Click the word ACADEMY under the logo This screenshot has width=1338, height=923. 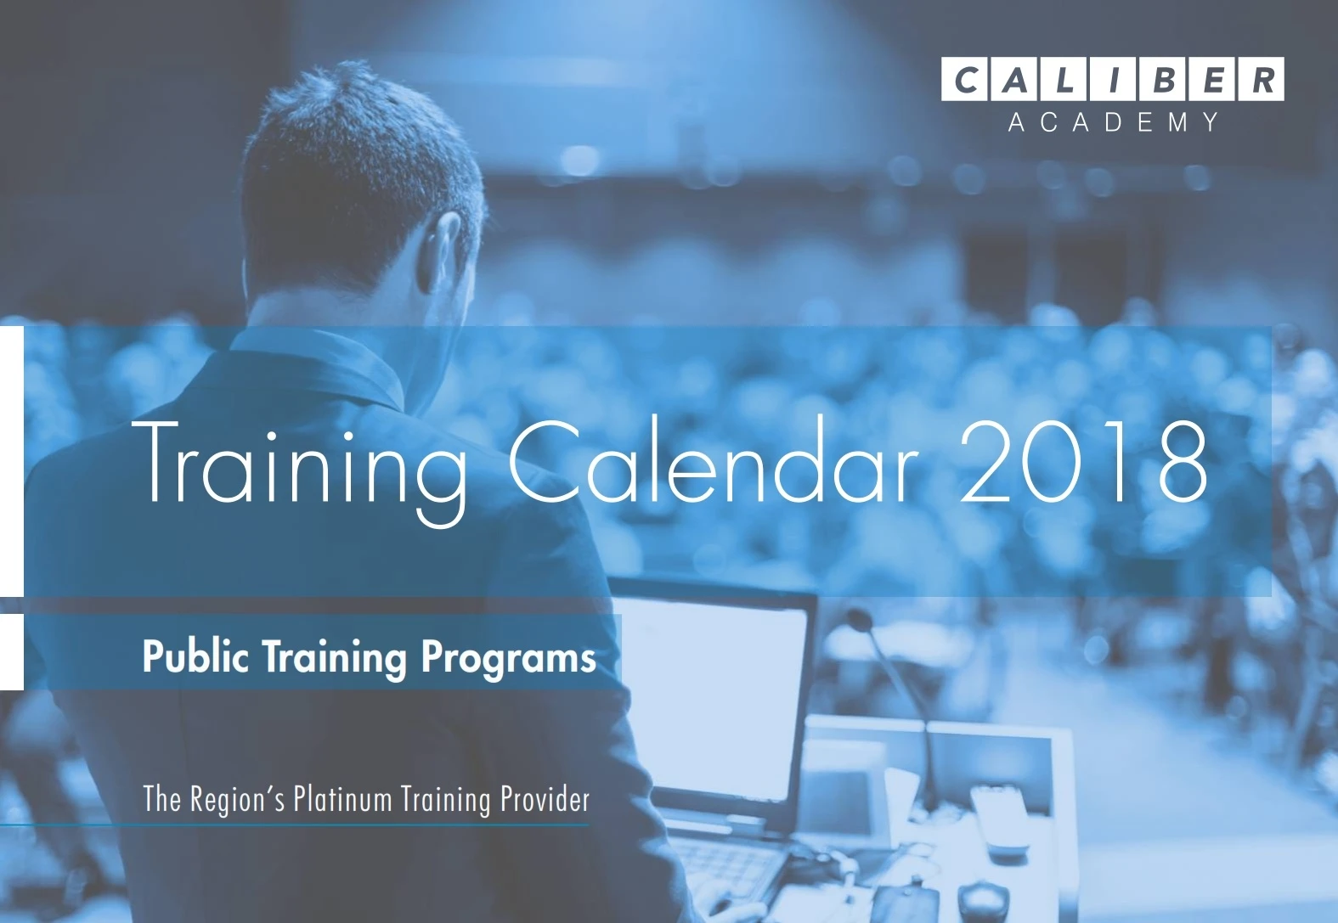[x=1114, y=122]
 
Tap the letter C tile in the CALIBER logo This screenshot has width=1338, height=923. [x=965, y=79]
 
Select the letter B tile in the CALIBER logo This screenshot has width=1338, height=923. [x=1162, y=79]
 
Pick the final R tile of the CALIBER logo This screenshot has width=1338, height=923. [x=1261, y=79]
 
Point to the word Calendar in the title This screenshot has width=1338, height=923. [x=714, y=459]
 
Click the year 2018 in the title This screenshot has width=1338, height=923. [x=1083, y=461]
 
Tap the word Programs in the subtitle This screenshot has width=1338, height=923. [x=508, y=659]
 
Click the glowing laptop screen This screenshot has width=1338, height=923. [x=711, y=699]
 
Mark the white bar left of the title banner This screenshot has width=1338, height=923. [x=11, y=461]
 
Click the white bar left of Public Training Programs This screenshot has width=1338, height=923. [x=11, y=652]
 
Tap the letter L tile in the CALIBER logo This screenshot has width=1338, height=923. [x=1064, y=79]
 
